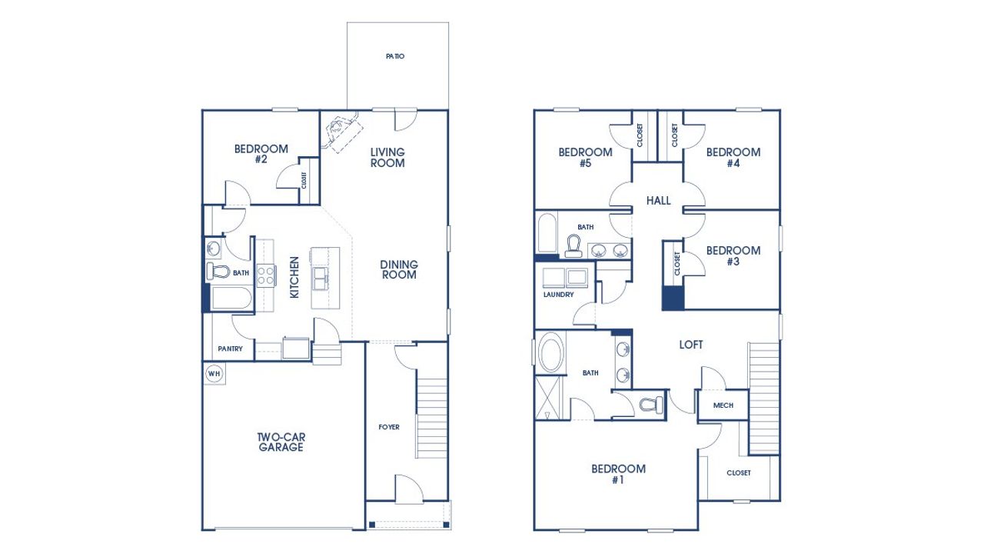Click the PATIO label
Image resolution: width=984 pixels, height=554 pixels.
click(x=395, y=57)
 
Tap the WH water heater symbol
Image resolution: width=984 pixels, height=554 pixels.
click(x=214, y=374)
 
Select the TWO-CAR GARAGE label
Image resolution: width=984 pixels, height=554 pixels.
click(x=280, y=442)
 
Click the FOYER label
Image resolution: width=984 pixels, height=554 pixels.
click(x=389, y=427)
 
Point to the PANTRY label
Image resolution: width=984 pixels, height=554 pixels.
click(x=230, y=349)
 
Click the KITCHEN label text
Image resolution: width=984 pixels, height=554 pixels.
click(x=294, y=278)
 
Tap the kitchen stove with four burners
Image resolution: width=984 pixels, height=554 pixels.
click(x=266, y=275)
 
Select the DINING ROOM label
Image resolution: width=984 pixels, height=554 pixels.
click(x=399, y=269)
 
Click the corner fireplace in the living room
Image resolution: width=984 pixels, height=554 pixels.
click(x=340, y=131)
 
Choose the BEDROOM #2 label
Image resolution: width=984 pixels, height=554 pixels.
click(x=261, y=154)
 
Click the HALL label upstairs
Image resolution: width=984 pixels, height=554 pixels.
click(x=659, y=201)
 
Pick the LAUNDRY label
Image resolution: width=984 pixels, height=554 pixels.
click(x=558, y=295)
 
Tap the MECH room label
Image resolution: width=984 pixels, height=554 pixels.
click(x=723, y=405)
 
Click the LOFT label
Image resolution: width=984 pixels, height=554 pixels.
click(x=690, y=345)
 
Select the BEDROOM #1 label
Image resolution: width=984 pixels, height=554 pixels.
click(x=618, y=474)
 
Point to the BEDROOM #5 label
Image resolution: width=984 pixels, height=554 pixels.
click(x=585, y=157)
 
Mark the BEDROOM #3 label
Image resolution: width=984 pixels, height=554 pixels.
click(x=733, y=255)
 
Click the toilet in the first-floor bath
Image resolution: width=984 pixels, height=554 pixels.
click(x=218, y=272)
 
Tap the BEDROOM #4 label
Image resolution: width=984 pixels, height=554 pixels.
click(x=733, y=157)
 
